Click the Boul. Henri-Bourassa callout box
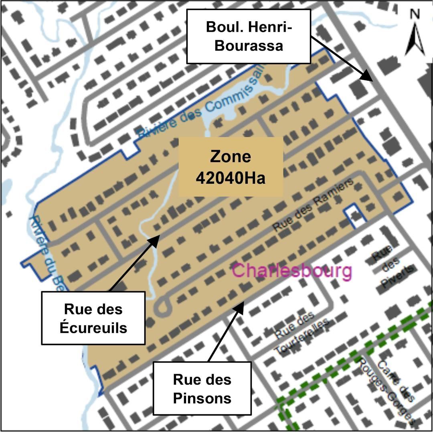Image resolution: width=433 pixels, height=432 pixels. pos(249,36)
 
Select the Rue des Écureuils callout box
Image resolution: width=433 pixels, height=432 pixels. pos(93,318)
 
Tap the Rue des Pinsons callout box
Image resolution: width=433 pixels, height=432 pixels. pos(202,388)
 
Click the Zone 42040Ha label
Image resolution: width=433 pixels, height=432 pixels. pos(231,166)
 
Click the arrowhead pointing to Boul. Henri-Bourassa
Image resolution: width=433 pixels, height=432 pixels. pos(368,77)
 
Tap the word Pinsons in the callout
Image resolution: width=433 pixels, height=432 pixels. pos(202,398)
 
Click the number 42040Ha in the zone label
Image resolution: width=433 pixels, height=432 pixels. pos(231,177)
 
